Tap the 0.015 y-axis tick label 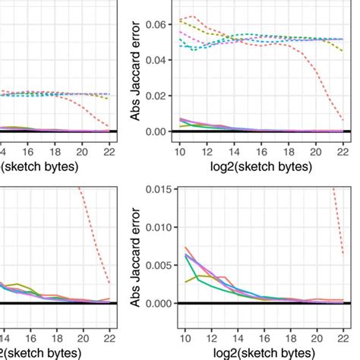159,190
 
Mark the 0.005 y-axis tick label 159,266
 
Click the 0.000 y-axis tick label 159,304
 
